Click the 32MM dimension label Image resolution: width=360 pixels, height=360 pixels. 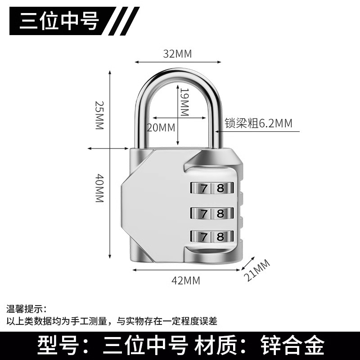pyautogui.click(x=177, y=54)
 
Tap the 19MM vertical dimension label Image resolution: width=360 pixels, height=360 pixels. pyautogui.click(x=184, y=102)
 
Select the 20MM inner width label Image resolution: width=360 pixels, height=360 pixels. pyautogui.click(x=161, y=127)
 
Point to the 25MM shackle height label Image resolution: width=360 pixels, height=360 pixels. pyautogui.click(x=99, y=115)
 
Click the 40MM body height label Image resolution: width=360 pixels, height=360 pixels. pyautogui.click(x=99, y=188)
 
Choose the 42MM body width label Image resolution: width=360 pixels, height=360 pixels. pyautogui.click(x=186, y=281)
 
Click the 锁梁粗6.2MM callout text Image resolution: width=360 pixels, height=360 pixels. pyautogui.click(x=258, y=123)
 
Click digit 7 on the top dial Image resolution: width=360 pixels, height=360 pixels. pyautogui.click(x=204, y=189)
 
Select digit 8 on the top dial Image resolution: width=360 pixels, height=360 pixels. pyautogui.click(x=220, y=189)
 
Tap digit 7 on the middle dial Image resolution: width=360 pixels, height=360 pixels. pyautogui.click(x=204, y=213)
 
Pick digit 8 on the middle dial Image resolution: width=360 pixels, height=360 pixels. pyautogui.click(x=220, y=213)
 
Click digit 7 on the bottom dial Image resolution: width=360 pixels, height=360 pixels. pyautogui.click(x=204, y=237)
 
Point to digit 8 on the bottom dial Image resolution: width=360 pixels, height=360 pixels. pyautogui.click(x=220, y=237)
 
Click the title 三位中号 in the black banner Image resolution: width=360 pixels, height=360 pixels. pyautogui.click(x=59, y=21)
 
